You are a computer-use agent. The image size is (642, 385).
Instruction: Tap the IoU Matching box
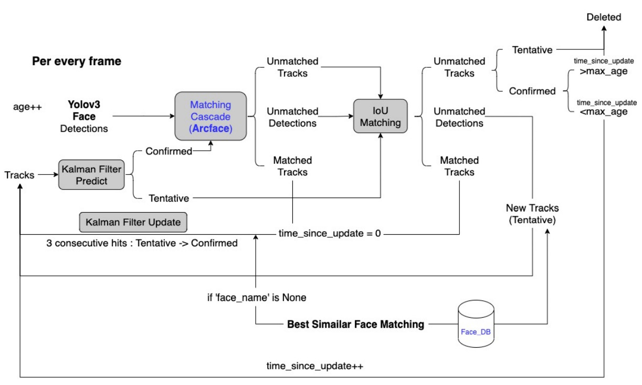tap(381, 117)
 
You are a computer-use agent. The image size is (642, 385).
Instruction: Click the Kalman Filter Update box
tap(133, 222)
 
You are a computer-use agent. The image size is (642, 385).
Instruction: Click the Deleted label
tap(604, 17)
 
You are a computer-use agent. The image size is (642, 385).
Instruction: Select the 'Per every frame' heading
tap(77, 61)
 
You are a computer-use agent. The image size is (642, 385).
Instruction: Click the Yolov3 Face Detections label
tap(83, 116)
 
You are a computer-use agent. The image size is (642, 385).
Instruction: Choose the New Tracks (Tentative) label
tap(532, 214)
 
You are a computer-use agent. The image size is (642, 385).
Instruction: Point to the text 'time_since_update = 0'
tap(329, 233)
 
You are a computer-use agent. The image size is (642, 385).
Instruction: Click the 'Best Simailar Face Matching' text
tap(355, 325)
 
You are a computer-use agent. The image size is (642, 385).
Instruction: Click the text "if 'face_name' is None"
tap(257, 298)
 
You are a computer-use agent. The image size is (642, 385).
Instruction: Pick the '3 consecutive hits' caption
tap(143, 243)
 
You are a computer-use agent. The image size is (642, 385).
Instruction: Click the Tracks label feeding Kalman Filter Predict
tap(19, 175)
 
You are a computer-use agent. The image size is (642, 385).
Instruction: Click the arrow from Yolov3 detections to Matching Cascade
tap(144, 116)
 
